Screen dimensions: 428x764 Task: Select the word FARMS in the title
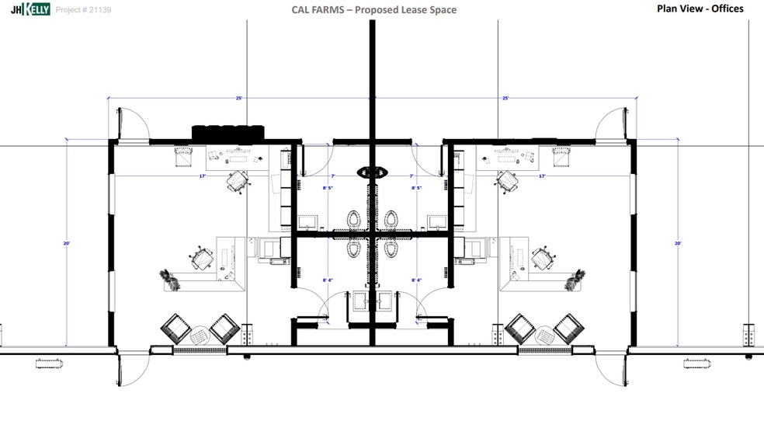coord(328,10)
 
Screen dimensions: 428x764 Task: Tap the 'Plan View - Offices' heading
coord(700,9)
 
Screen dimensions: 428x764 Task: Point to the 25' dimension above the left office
coord(239,99)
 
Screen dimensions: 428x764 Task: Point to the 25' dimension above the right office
coord(505,99)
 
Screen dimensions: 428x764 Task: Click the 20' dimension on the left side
coord(67,244)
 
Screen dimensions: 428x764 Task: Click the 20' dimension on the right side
coord(678,244)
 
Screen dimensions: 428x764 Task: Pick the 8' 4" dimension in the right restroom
coord(416,280)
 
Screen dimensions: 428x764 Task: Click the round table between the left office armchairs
coord(200,334)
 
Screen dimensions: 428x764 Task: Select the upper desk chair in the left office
coord(238,180)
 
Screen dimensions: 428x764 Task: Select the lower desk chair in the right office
coord(542,256)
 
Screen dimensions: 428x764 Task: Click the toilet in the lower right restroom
coord(391,248)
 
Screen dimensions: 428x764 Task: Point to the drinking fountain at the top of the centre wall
coord(372,172)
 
